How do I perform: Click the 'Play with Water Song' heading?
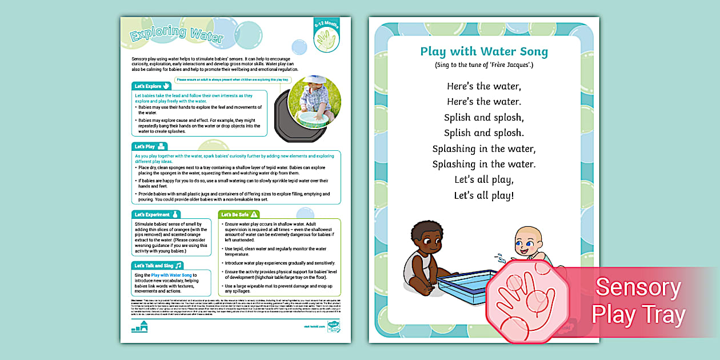click(x=483, y=51)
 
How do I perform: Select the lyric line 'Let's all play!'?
click(x=483, y=195)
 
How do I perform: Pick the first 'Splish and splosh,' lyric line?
click(x=483, y=118)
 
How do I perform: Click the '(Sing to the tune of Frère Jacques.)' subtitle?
click(x=483, y=65)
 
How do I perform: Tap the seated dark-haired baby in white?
click(x=423, y=257)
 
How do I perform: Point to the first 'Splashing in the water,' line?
click(x=483, y=149)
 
